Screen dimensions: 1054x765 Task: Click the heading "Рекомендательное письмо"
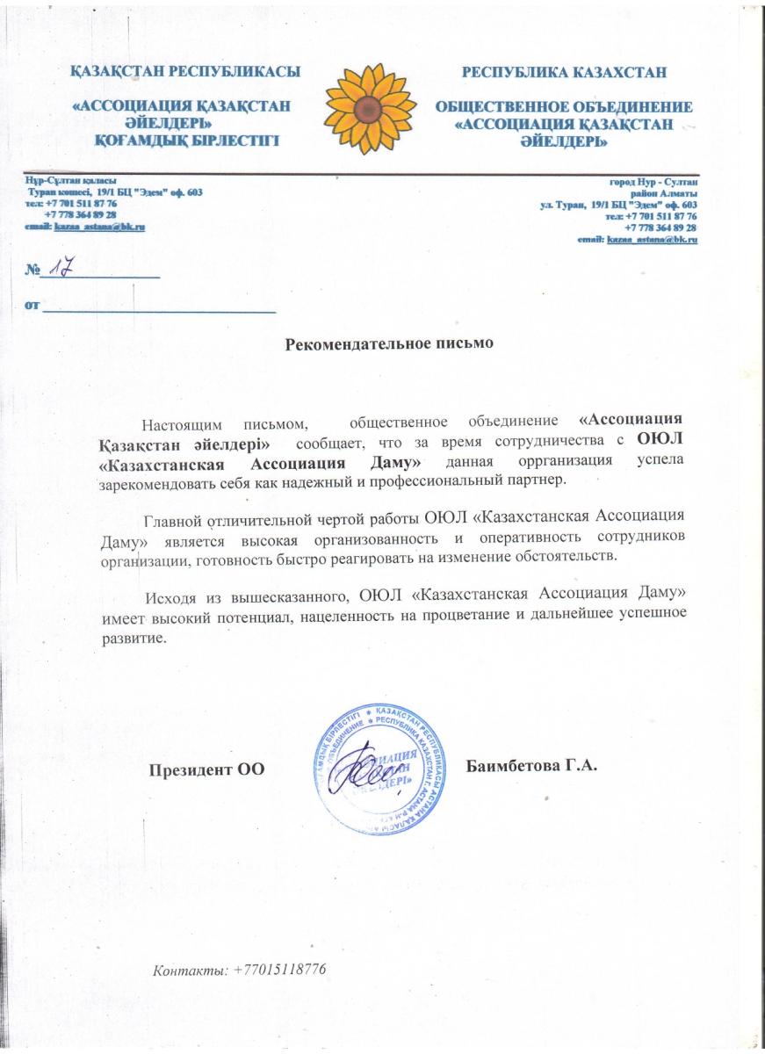click(390, 343)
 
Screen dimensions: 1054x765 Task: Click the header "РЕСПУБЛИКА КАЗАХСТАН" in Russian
click(564, 71)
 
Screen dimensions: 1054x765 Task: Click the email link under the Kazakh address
click(99, 226)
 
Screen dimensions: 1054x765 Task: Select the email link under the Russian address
click(651, 239)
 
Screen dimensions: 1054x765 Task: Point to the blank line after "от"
click(160, 308)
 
